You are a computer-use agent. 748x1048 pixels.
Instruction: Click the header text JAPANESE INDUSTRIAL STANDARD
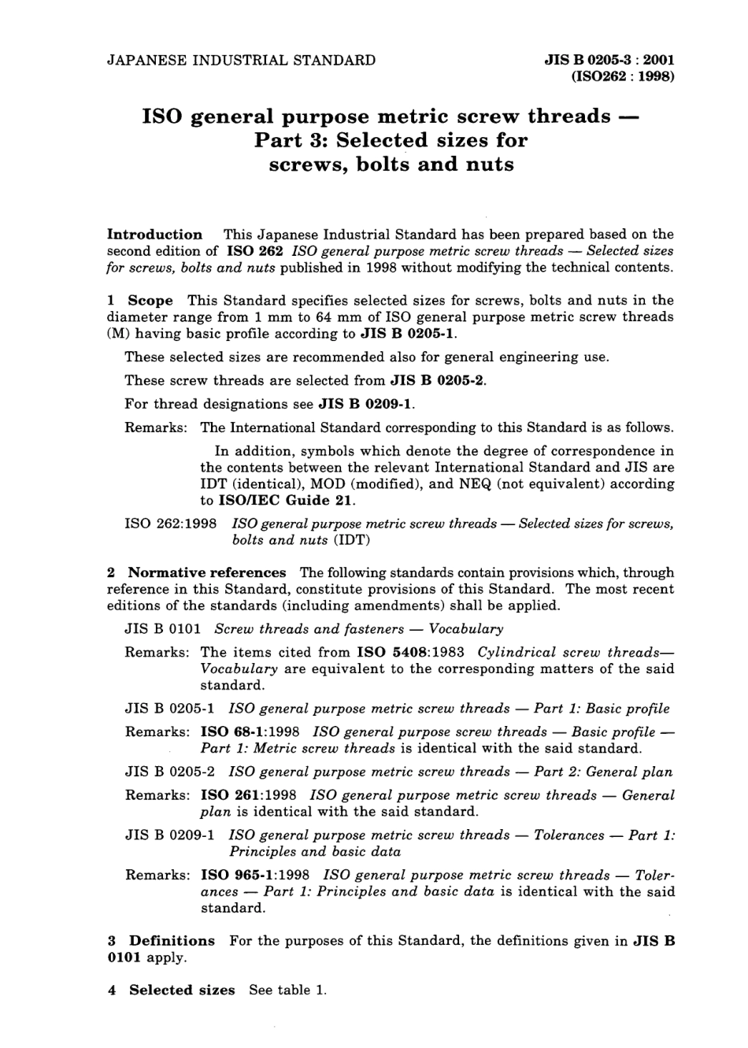point(241,60)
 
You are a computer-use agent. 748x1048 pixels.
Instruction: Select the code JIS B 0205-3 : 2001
point(609,60)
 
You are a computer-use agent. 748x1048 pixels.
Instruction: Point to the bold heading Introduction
point(154,235)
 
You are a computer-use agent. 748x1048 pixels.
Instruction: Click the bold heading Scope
point(150,300)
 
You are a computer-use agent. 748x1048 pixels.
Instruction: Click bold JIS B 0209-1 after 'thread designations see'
point(365,404)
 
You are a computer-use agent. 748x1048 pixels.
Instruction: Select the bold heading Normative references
point(207,572)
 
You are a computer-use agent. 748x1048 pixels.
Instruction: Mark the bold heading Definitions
point(172,941)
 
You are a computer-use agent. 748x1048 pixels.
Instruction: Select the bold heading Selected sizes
point(182,990)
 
